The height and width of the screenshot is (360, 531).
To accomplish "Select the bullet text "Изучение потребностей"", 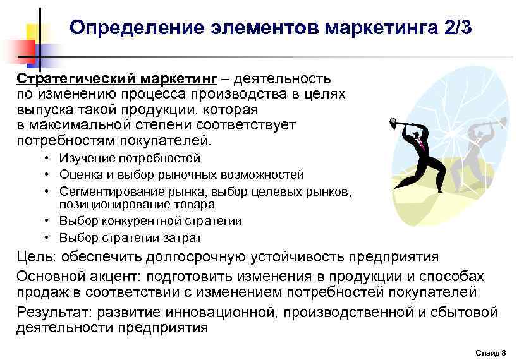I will pos(130,159).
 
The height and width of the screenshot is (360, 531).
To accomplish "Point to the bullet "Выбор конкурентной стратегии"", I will pos(150,221).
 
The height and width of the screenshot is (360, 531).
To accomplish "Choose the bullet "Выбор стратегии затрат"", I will pos(131,237).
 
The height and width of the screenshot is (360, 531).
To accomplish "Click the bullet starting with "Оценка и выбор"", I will pos(181,174).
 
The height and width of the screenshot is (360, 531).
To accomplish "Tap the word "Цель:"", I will pos(37,258).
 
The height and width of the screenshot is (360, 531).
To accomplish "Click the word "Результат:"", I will pos(53,313).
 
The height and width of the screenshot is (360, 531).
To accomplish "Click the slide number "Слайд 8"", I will pos(490,352).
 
